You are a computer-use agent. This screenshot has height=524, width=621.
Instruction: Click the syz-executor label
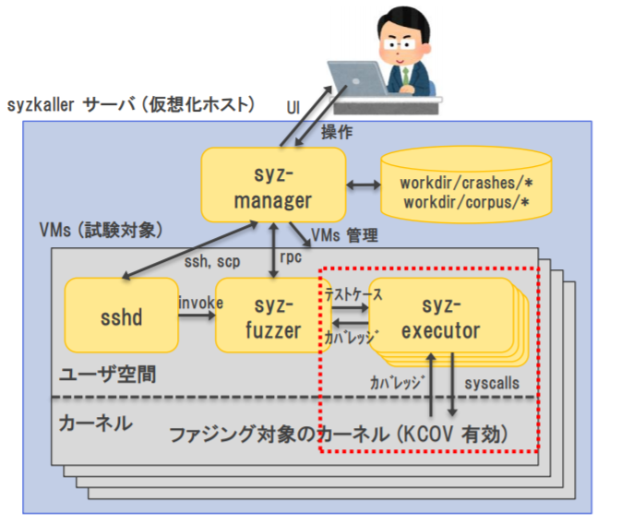tap(440, 318)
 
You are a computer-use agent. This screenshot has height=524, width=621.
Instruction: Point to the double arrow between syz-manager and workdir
tap(363, 186)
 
